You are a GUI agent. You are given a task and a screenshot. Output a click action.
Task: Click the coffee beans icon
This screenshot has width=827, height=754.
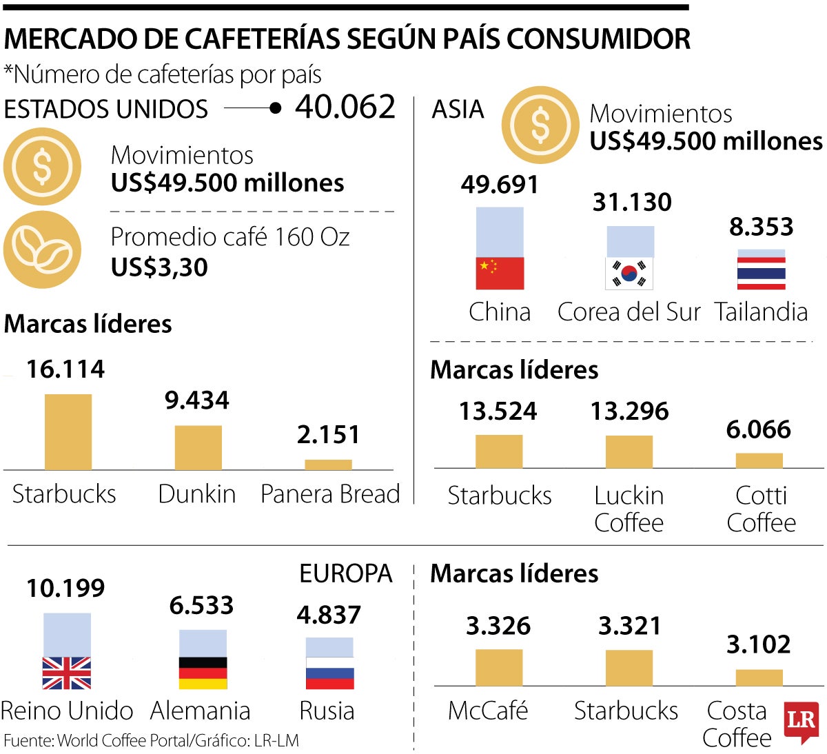42,249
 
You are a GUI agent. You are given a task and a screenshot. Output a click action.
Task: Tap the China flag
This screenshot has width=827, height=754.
500,273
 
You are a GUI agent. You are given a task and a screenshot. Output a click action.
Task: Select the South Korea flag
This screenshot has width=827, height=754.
629,274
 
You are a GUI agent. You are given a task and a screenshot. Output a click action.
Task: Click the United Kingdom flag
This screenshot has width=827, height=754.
67,673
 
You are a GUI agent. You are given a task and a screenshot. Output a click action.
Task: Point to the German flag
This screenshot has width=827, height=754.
203,673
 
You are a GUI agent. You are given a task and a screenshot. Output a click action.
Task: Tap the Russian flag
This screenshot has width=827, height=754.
329,673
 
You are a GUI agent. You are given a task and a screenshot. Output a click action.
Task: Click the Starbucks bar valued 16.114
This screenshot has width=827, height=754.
68,431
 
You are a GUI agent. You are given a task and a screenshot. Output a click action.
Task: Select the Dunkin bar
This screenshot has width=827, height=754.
198,447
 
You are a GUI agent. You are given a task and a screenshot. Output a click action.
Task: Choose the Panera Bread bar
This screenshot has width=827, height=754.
328,465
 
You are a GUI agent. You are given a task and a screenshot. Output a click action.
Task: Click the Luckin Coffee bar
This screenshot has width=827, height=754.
629,451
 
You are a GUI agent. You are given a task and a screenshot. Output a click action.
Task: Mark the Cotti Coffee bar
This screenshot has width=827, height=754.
759,460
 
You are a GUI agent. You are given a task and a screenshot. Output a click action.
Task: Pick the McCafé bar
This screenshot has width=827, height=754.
498,667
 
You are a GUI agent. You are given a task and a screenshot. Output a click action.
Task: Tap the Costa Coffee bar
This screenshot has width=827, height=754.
759,677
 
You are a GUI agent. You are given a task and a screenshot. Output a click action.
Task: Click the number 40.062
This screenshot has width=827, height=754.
345,107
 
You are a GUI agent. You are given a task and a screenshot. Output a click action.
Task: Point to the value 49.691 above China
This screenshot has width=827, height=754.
500,185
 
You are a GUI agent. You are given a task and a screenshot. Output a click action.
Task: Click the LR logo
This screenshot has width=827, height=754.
801,722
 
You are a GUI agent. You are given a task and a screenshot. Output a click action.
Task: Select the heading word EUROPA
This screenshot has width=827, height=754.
345,573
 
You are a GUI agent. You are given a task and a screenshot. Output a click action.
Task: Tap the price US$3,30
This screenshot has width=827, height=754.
159,267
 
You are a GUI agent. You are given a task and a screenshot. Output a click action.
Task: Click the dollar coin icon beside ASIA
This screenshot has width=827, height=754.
540,125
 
